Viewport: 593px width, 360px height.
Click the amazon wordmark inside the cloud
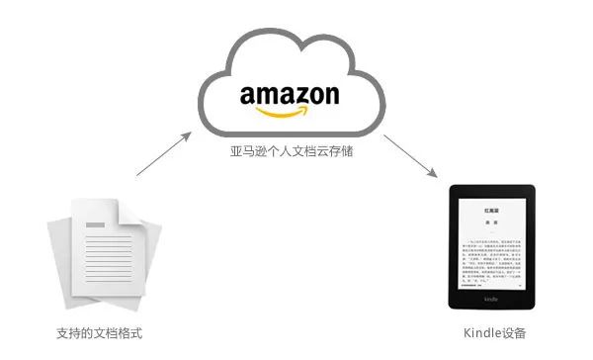[x=290, y=96]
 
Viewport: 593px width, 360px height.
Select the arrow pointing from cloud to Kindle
[x=411, y=155]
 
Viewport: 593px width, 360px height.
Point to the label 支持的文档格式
[x=100, y=332]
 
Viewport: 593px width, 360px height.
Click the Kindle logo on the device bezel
[x=489, y=299]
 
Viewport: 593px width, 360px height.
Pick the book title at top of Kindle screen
[x=489, y=210]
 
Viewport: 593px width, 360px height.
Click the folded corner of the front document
[x=132, y=211]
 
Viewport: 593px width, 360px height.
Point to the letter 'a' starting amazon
[x=247, y=97]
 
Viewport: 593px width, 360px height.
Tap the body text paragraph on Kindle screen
[x=489, y=252]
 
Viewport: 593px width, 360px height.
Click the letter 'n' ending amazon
[x=331, y=97]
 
